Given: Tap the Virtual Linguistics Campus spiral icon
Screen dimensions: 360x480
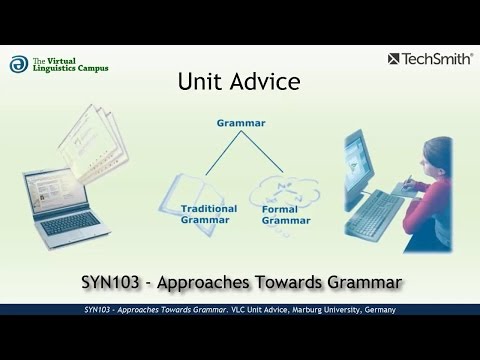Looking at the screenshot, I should tap(19, 65).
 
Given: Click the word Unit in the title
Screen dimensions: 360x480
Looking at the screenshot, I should tap(200, 82).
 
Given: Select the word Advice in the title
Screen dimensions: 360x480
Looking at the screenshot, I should tap(263, 82).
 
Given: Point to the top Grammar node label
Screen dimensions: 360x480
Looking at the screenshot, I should tap(240, 124).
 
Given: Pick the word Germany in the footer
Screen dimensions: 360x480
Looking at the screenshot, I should tap(374, 311).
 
